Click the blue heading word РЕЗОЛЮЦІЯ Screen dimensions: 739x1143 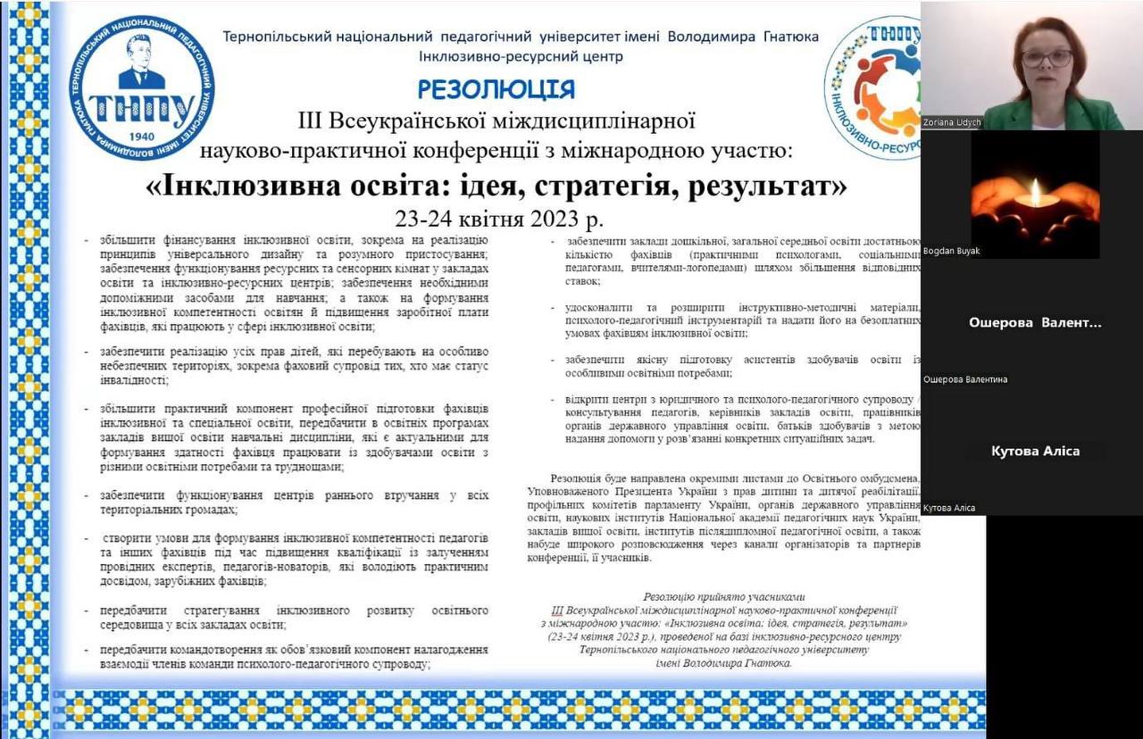pos(496,89)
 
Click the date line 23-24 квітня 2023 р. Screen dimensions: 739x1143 pos(499,219)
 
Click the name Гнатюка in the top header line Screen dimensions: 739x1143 pos(791,37)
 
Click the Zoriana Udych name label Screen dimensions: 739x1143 pos(952,122)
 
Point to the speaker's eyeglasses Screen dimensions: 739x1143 pos(1047,58)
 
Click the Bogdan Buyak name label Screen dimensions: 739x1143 pos(952,251)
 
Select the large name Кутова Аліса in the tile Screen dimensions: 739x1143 pos(1035,451)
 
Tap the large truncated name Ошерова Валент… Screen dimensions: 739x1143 pos(1035,323)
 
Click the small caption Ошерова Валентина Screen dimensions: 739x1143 pos(965,379)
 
